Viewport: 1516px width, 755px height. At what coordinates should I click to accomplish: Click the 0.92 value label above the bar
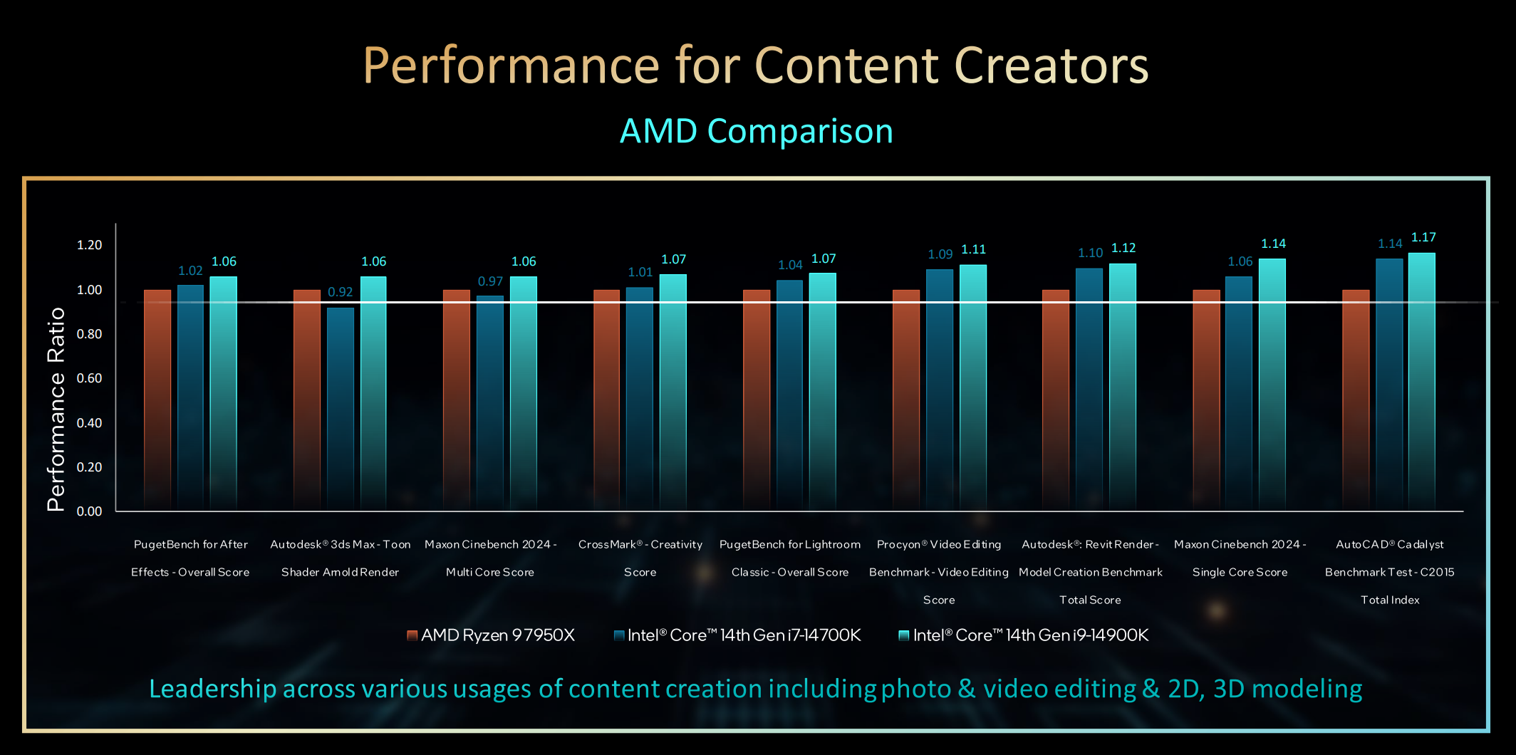point(340,292)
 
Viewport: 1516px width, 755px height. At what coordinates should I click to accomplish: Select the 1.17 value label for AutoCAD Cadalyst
point(1423,237)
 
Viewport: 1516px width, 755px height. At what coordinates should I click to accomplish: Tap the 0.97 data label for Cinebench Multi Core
point(490,281)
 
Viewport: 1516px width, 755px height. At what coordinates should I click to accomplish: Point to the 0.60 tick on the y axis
point(89,378)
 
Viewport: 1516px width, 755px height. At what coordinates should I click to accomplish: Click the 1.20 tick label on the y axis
point(89,245)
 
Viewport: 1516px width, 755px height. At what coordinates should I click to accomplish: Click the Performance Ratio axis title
point(56,409)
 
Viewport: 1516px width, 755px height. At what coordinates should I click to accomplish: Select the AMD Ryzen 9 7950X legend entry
point(491,635)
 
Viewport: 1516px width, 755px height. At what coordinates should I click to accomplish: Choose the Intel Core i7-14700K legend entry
point(737,635)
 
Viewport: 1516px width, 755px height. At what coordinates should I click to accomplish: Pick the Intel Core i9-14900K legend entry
point(1024,635)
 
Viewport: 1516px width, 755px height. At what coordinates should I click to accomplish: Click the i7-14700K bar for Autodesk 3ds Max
point(341,406)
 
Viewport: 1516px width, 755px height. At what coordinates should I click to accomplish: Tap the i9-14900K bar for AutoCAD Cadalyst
point(1422,381)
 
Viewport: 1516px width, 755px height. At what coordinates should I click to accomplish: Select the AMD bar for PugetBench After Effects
point(157,399)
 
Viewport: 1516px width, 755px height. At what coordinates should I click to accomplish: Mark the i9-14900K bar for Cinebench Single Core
point(1272,385)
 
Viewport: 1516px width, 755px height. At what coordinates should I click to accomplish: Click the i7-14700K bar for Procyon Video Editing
point(940,388)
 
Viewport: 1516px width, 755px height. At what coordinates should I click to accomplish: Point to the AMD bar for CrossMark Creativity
point(607,399)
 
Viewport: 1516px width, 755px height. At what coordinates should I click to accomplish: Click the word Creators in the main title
point(1051,66)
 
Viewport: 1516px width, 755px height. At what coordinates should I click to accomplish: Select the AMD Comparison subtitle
point(757,131)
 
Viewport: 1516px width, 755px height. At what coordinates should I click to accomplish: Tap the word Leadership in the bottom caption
point(212,689)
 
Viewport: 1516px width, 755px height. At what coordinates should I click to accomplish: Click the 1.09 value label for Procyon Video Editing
point(940,254)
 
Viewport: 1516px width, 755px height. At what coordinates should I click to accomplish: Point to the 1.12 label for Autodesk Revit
point(1123,248)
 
